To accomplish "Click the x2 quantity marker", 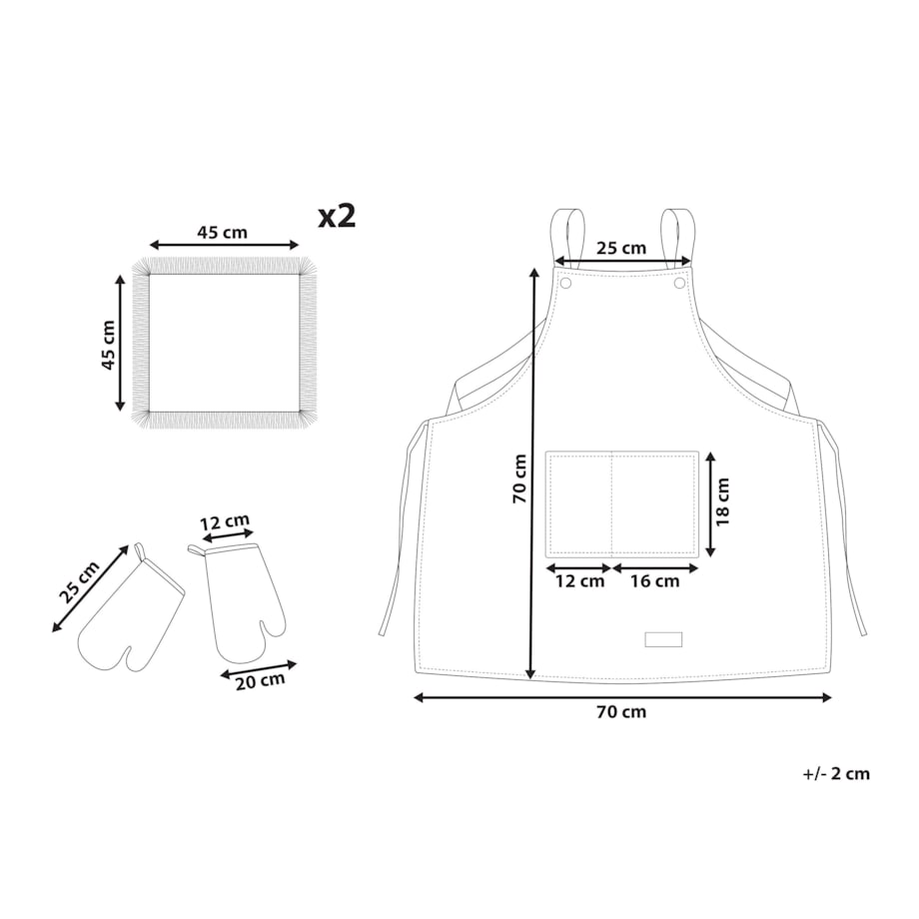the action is coord(337,217).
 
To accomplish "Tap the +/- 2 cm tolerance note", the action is coord(836,773).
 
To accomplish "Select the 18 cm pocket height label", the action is coord(722,501).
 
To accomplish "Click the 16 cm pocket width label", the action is coord(654,581).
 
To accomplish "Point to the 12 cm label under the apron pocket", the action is coord(579,581).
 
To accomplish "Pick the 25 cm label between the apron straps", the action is coord(621,248).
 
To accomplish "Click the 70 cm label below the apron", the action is coord(621,711).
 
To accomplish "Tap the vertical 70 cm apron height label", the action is coord(519,478).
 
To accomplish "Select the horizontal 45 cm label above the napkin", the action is coord(222,233).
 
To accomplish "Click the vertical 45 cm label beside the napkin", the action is coord(109,346).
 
